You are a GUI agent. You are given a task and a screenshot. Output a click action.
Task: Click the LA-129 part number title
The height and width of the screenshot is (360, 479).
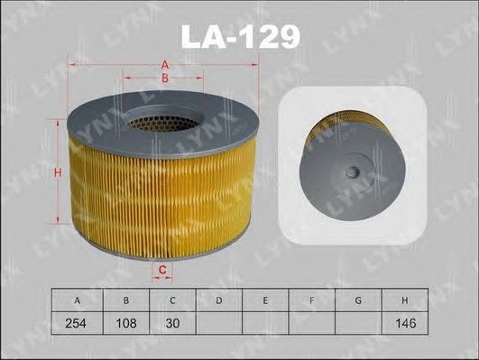tap(241, 37)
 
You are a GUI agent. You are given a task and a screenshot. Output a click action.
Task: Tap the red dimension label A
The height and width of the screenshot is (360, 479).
tap(165, 65)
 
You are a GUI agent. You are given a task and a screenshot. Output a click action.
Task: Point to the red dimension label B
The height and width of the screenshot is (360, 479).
tap(165, 78)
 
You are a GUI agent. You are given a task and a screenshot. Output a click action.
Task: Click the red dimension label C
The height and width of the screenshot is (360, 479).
tap(162, 270)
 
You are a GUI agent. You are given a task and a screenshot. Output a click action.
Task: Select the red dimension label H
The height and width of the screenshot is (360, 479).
tap(58, 172)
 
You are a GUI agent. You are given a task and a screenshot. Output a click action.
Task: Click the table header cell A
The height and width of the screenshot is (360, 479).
tap(78, 300)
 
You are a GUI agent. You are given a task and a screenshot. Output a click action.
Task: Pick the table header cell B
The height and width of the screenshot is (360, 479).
tap(126, 300)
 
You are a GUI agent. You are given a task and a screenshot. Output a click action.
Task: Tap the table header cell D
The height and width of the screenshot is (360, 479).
tap(218, 300)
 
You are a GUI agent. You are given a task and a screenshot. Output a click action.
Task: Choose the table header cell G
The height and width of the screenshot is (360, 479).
tap(358, 300)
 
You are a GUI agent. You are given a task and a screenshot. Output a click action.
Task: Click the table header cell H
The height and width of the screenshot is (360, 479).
tap(405, 300)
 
